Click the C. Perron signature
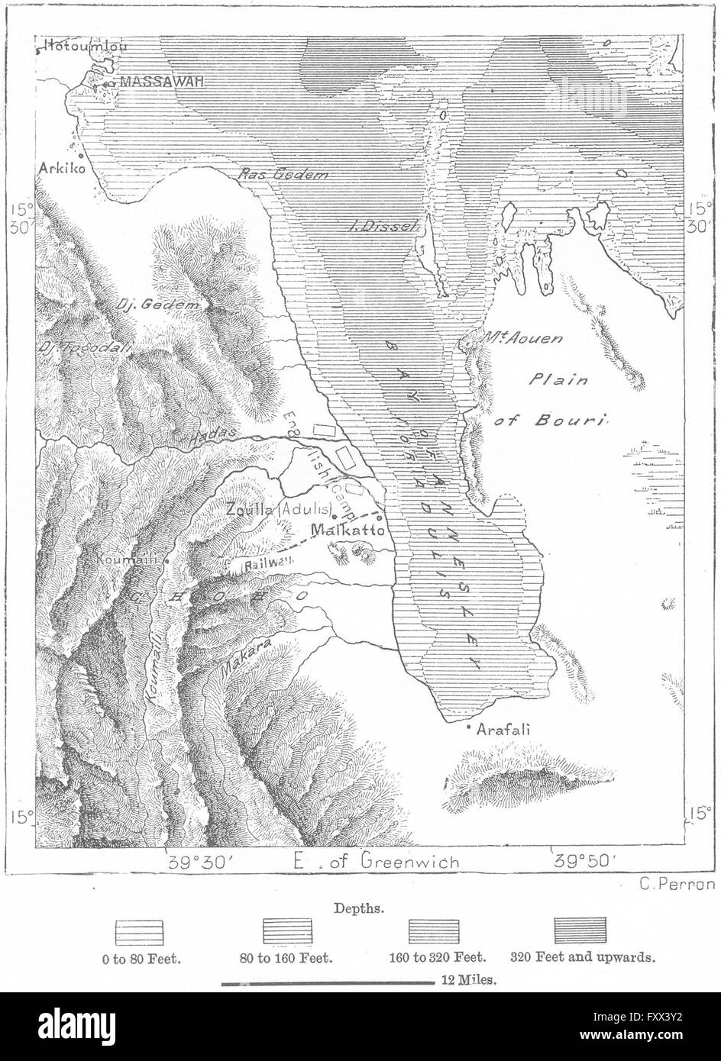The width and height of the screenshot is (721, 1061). (674, 885)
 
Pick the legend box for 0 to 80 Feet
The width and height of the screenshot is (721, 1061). (141, 931)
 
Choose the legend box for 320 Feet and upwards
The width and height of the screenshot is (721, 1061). (580, 931)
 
